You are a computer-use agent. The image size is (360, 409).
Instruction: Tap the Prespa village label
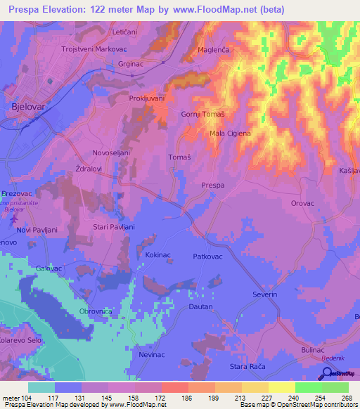click(x=213, y=185)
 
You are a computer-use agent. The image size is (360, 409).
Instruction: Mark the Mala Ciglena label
click(x=230, y=134)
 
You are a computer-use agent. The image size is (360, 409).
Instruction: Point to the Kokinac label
click(x=159, y=257)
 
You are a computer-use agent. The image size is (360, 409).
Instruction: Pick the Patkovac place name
click(x=208, y=257)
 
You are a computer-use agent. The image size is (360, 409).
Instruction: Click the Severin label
click(x=265, y=294)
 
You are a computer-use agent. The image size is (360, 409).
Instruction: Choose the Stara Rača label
click(x=248, y=367)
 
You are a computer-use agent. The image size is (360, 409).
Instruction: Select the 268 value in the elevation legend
click(x=345, y=397)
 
